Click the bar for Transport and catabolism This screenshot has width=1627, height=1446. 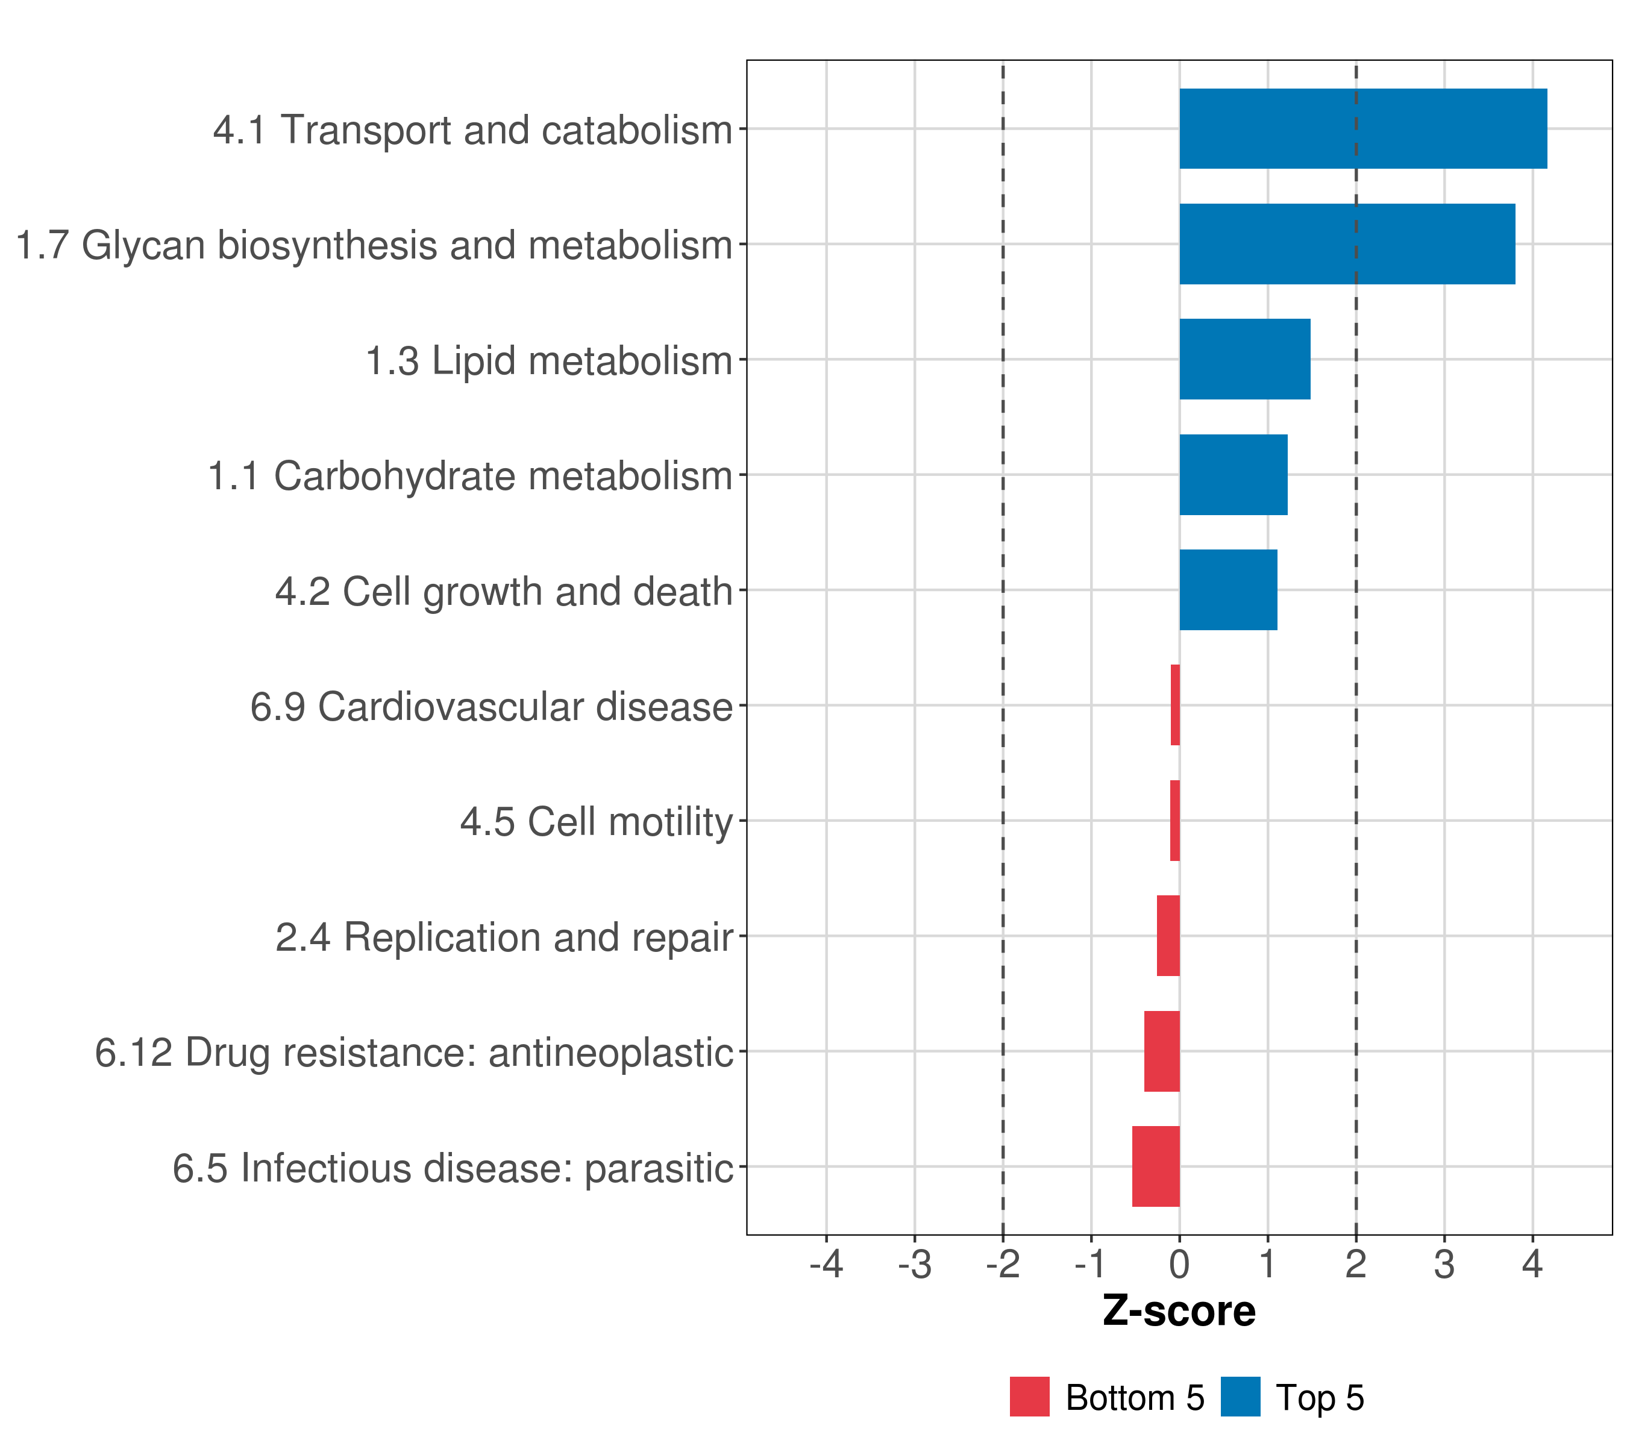(x=1362, y=128)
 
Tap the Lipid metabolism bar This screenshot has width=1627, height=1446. (x=1244, y=359)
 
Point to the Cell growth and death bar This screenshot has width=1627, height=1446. (x=1227, y=590)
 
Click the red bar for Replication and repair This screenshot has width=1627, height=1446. (x=1168, y=936)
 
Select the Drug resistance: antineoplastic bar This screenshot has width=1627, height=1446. (x=1161, y=1051)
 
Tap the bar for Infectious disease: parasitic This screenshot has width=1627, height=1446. (x=1155, y=1166)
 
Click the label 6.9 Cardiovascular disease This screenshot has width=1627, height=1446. (x=491, y=707)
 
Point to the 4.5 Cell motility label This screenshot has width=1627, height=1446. (x=596, y=822)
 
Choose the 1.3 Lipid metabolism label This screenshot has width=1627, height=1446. (x=548, y=360)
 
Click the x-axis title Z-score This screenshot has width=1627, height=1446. (x=1179, y=1310)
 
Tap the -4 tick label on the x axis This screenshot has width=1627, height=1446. (x=826, y=1265)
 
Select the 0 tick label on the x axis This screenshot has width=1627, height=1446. (x=1179, y=1265)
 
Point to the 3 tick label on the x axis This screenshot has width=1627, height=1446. (x=1444, y=1265)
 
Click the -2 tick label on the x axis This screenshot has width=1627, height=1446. (x=1002, y=1265)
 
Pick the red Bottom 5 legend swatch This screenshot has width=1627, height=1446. (x=1029, y=1397)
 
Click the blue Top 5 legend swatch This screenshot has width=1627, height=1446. (x=1240, y=1397)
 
